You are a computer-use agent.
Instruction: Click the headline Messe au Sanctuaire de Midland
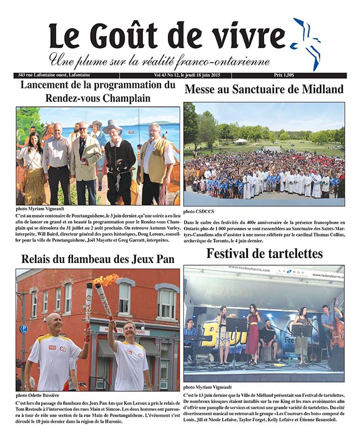point(264,89)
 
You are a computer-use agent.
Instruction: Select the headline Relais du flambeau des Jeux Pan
point(97,259)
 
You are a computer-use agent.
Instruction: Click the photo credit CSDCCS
point(196,211)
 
